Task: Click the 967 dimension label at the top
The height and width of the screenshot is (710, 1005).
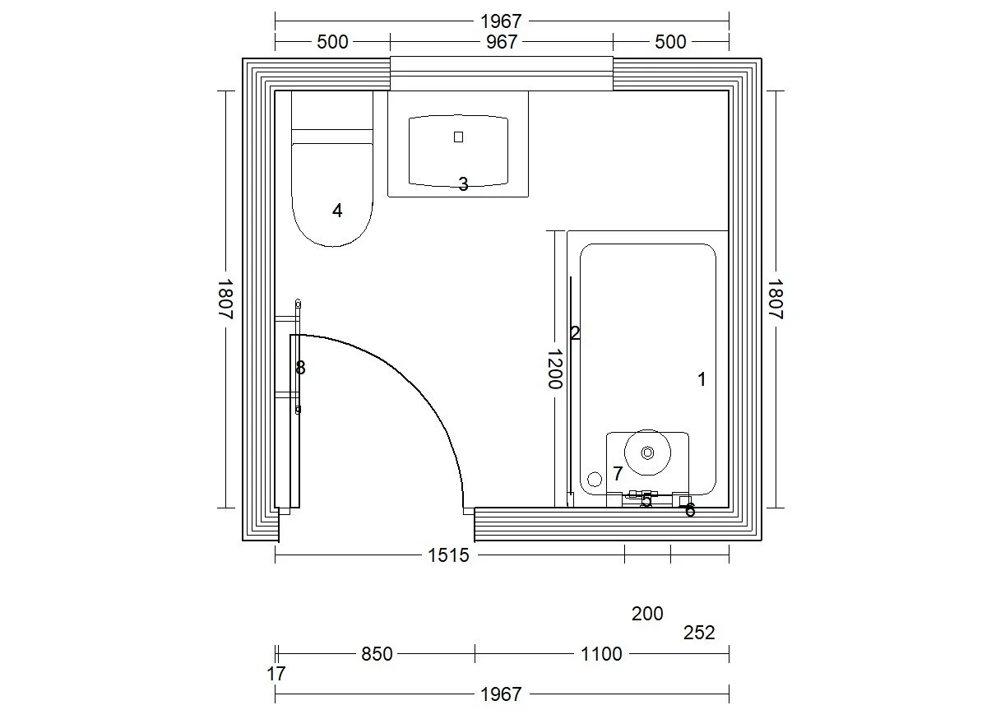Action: pyautogui.click(x=501, y=42)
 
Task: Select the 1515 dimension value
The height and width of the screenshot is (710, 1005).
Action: pyautogui.click(x=448, y=556)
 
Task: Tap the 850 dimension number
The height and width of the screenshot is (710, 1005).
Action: pyautogui.click(x=377, y=654)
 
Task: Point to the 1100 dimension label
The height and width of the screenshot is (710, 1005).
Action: pyautogui.click(x=600, y=654)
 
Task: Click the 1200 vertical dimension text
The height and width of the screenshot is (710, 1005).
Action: pyautogui.click(x=553, y=369)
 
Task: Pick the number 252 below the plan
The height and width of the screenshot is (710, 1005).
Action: pyautogui.click(x=699, y=633)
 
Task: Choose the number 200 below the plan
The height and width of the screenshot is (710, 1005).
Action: pyautogui.click(x=647, y=613)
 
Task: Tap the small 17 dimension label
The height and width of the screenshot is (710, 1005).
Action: pyautogui.click(x=276, y=674)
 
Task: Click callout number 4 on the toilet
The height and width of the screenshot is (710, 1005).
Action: pyautogui.click(x=337, y=211)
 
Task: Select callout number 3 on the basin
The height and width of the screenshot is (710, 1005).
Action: pyautogui.click(x=463, y=184)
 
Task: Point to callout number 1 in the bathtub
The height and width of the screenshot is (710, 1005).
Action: pyautogui.click(x=702, y=379)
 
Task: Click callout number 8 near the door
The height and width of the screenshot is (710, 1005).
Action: pyautogui.click(x=300, y=368)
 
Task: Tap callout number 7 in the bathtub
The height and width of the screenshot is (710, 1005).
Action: pyautogui.click(x=618, y=474)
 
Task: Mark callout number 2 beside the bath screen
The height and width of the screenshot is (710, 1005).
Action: pyautogui.click(x=575, y=333)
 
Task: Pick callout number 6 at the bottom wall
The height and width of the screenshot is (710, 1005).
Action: pyautogui.click(x=690, y=511)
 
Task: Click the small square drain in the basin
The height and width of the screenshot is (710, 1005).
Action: pyautogui.click(x=459, y=137)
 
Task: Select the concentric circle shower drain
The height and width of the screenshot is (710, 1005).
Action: pyautogui.click(x=647, y=452)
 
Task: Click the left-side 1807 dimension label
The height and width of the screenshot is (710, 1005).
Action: pyautogui.click(x=225, y=299)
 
